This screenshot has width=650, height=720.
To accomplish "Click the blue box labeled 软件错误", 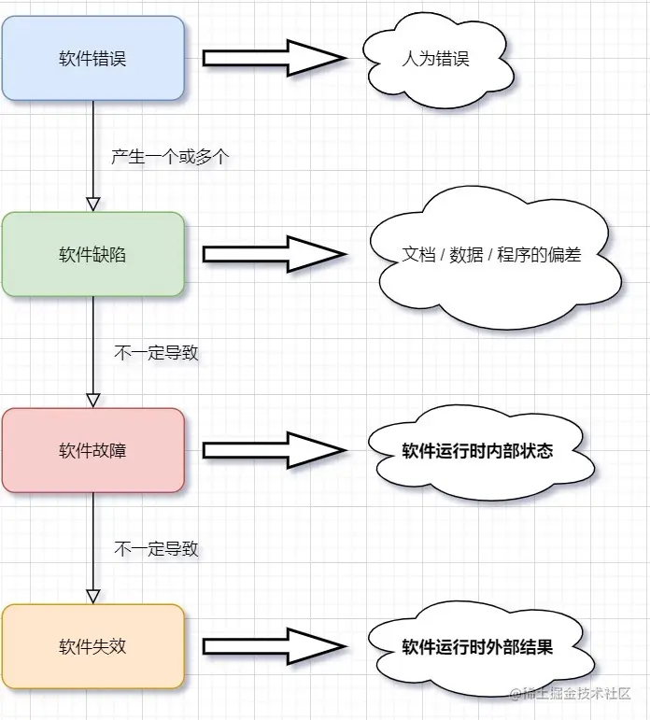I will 92,59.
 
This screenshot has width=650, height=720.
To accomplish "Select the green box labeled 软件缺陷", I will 92,254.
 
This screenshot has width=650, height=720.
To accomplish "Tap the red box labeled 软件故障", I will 92,450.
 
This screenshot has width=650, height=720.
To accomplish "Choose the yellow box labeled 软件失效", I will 92,646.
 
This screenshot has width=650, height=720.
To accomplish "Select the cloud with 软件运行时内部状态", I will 477,452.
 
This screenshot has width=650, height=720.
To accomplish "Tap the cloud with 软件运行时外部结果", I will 477,647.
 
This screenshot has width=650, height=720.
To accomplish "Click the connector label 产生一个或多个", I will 169,157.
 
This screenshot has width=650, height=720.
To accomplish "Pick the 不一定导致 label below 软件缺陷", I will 156,353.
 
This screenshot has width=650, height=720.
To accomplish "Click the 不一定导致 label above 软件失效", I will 156,549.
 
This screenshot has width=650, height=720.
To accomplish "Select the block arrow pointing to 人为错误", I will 273,59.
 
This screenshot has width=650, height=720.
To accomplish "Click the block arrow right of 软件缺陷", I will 273,254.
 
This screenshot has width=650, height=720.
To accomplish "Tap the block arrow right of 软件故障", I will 273,450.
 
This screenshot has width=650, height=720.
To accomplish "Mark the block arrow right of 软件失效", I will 273,646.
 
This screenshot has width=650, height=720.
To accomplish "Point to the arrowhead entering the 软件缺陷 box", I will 92,205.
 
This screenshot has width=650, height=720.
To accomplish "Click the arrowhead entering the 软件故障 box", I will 92,401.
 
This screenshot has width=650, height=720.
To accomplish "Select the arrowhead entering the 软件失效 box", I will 92,597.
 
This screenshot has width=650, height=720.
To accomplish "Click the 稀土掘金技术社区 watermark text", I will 572,694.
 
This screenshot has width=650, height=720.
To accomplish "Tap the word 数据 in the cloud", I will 466,254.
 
